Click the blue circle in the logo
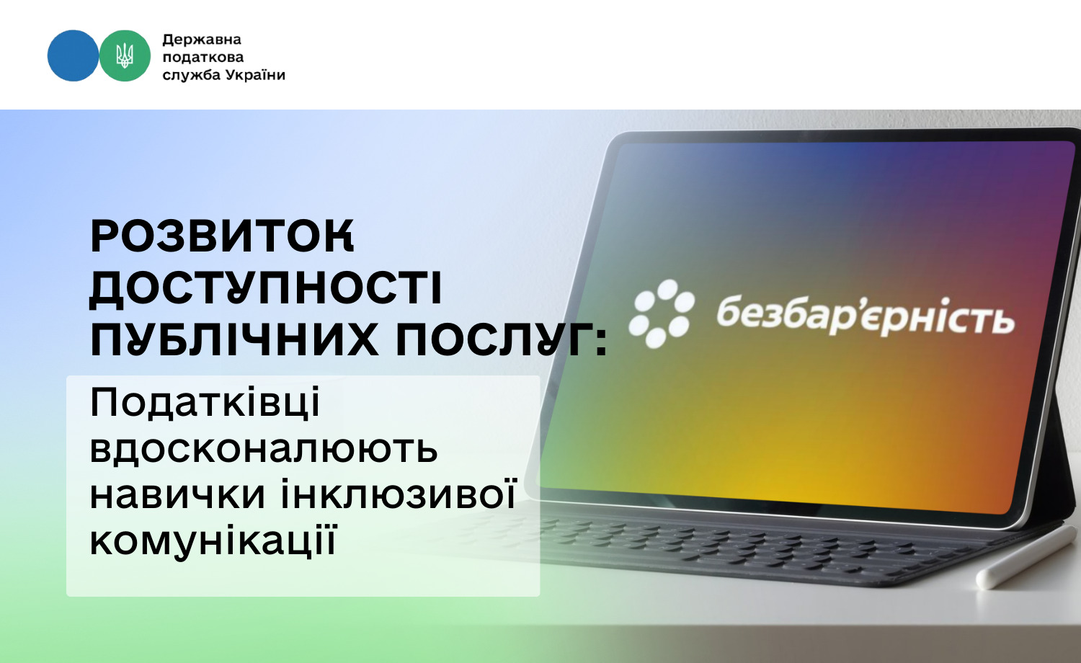(x=74, y=55)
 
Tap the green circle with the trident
(x=125, y=55)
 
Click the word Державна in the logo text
(x=202, y=40)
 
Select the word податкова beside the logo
(x=203, y=58)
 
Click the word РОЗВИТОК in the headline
(x=223, y=236)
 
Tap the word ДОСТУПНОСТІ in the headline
(x=265, y=288)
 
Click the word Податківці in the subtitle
(x=205, y=404)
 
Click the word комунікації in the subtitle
(x=213, y=540)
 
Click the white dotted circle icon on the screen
(x=662, y=313)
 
